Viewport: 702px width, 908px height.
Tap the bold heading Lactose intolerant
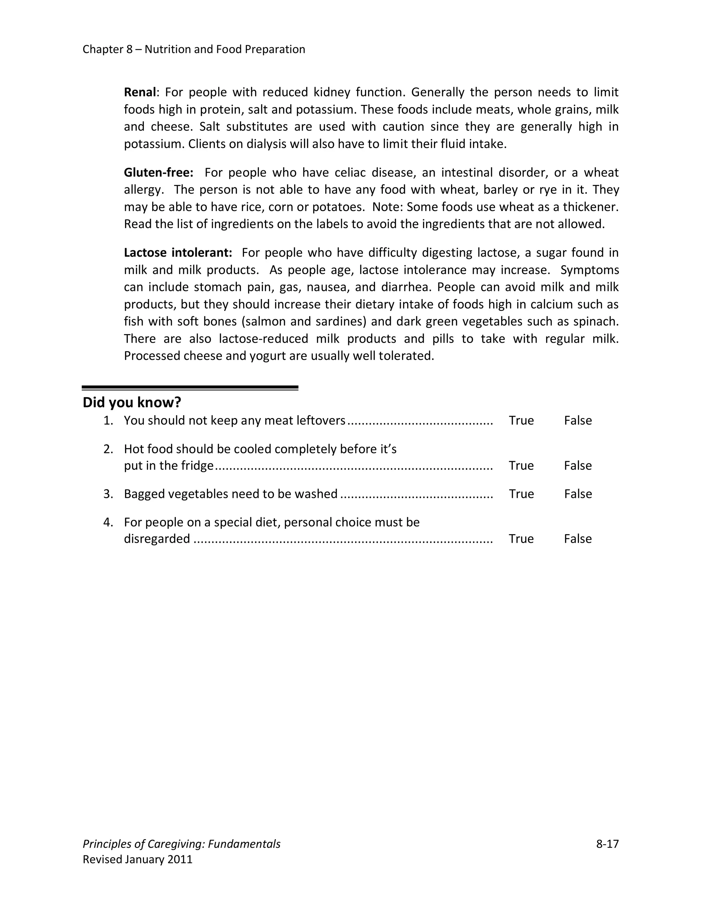(x=178, y=253)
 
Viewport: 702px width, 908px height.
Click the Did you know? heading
(x=132, y=403)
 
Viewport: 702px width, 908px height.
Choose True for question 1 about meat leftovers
(x=521, y=420)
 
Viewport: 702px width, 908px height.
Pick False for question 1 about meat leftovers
(x=578, y=420)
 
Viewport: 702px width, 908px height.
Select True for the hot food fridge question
(x=521, y=465)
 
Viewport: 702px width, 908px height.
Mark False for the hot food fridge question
(x=578, y=465)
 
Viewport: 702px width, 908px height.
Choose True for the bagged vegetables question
(x=521, y=493)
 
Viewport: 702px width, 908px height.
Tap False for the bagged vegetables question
(x=578, y=493)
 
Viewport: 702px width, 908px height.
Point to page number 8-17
(x=607, y=844)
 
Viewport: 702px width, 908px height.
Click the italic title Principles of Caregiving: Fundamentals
(x=181, y=844)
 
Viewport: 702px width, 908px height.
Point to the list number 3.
(x=108, y=493)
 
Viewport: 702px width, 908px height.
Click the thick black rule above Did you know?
(x=190, y=388)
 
